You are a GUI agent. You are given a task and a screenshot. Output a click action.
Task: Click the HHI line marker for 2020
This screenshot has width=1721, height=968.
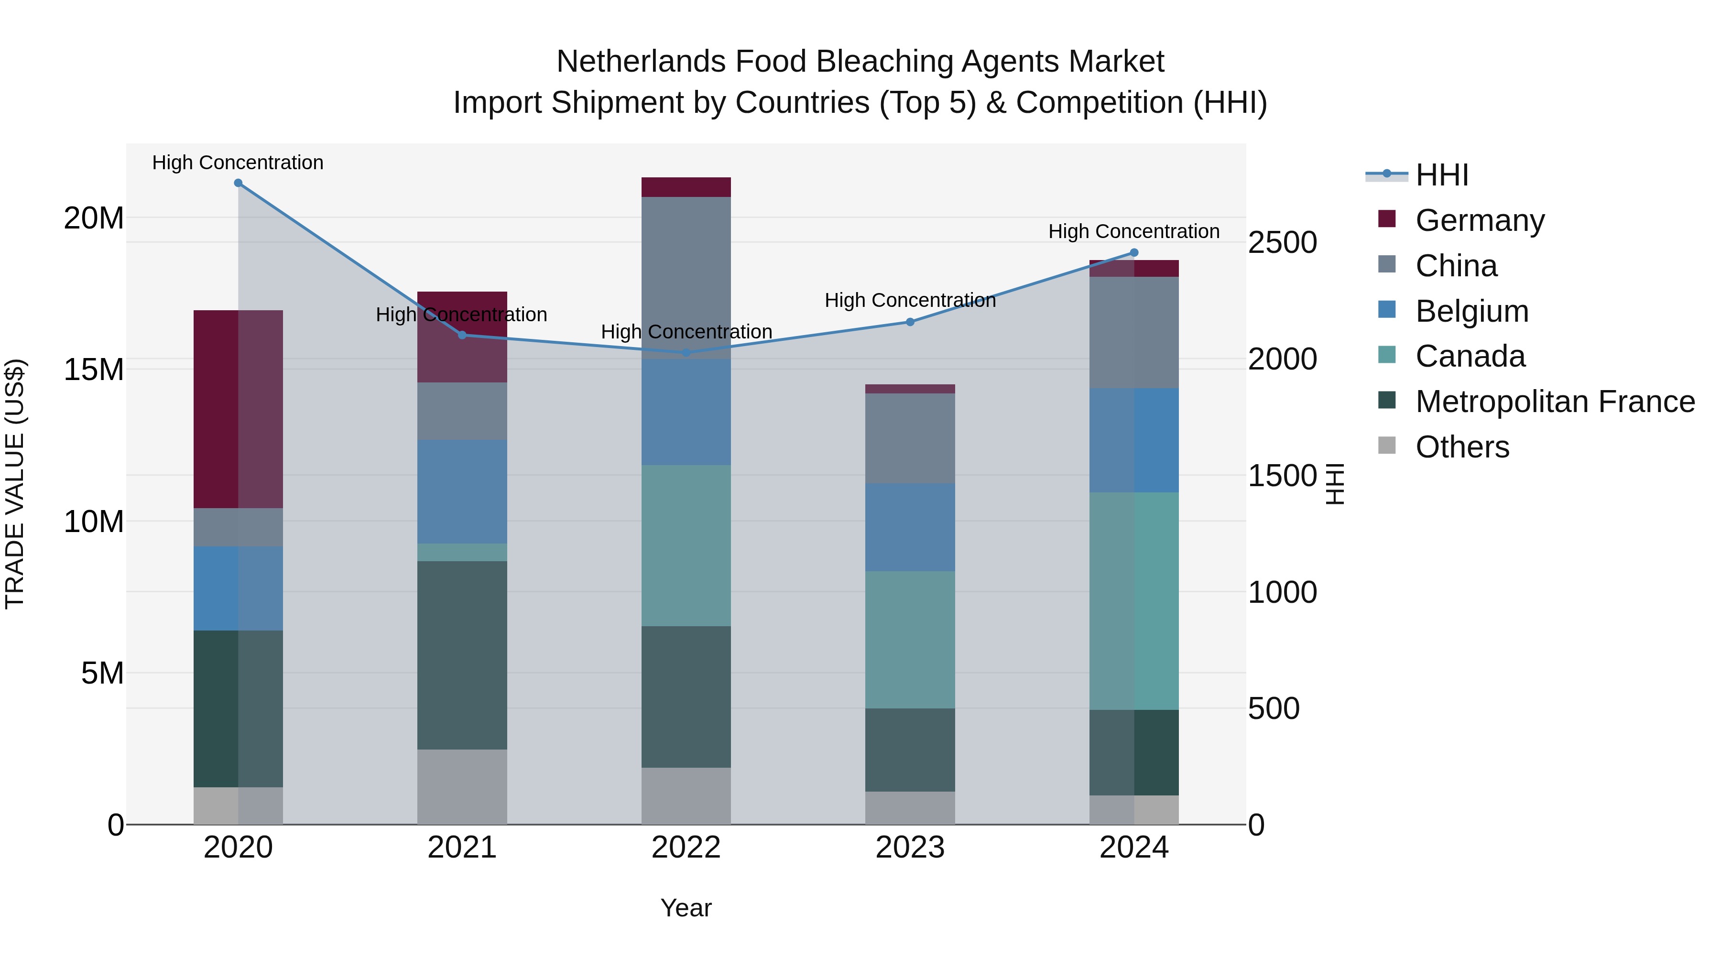coord(238,183)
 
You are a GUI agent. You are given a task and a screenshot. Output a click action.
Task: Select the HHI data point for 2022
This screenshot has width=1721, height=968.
coord(686,353)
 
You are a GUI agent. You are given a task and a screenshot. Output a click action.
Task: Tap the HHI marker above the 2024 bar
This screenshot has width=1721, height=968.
coord(1134,252)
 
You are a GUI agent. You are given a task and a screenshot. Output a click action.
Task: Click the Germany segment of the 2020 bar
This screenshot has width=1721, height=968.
coord(238,409)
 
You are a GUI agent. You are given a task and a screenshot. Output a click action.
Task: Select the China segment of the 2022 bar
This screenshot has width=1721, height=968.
coord(686,277)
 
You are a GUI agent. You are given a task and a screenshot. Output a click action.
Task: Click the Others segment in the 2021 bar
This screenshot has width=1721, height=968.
coord(462,786)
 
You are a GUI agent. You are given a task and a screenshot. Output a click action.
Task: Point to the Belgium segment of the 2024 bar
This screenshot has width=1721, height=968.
coord(1134,440)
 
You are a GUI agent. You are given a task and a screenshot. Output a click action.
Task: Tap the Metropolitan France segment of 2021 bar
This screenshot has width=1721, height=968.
coord(462,655)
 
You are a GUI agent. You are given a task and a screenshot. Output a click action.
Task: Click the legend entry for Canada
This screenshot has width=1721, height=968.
coord(1470,356)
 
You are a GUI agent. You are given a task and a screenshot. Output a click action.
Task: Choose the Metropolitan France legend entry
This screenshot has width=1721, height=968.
coord(1554,402)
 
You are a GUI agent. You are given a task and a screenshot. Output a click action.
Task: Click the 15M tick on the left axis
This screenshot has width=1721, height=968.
coord(94,370)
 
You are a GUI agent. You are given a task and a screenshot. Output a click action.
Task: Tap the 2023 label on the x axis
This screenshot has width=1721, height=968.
coord(910,848)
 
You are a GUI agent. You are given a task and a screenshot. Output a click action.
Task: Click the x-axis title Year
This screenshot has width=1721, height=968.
coord(686,908)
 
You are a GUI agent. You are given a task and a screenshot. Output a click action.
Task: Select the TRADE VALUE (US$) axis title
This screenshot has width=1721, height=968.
coord(15,484)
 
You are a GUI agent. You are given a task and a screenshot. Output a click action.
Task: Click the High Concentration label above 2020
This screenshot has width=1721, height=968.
coord(238,163)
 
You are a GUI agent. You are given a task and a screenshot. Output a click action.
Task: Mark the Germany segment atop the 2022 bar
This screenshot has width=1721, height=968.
coord(686,187)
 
